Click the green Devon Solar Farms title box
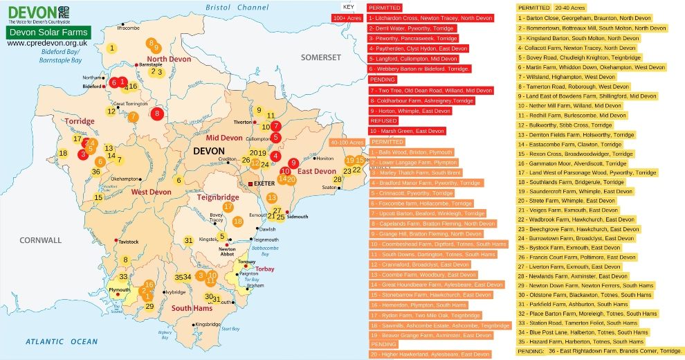point(48,33)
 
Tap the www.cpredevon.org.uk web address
point(46,43)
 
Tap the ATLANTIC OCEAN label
point(62,341)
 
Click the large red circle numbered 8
point(157,114)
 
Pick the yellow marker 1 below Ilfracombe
point(111,48)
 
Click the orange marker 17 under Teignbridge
point(228,206)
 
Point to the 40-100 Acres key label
point(347,142)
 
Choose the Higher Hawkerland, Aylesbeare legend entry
point(428,354)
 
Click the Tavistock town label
point(130,242)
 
